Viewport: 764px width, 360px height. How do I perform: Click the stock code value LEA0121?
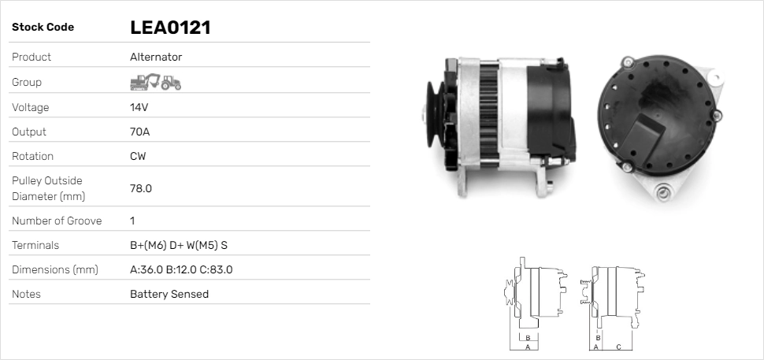169,28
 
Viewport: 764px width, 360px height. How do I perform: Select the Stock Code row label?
43,28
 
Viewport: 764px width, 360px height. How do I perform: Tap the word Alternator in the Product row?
156,57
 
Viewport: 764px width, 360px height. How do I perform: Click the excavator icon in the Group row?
145,82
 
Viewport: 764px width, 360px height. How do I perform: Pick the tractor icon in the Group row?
171,83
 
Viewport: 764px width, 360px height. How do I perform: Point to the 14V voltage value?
139,107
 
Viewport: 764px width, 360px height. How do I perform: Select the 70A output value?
139,132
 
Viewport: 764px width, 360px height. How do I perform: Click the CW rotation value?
138,156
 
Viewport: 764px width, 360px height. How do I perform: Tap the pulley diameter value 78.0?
141,188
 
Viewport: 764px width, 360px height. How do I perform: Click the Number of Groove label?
57,221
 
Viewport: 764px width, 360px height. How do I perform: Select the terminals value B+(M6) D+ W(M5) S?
179,245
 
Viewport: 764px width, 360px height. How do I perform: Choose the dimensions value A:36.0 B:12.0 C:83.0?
181,269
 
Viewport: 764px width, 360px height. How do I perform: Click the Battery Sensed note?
169,294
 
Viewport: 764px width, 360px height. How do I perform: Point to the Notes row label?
26,294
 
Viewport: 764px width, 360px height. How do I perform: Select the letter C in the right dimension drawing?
618,347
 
